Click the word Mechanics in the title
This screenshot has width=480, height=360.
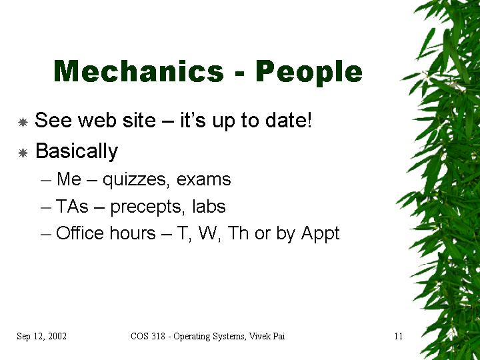click(x=139, y=71)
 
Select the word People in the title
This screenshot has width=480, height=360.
click(x=309, y=73)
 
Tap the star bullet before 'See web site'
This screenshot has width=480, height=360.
click(x=23, y=123)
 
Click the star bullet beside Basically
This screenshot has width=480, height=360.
click(x=23, y=153)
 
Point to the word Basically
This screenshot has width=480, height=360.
click(x=77, y=151)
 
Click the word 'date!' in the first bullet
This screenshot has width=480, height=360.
click(x=289, y=120)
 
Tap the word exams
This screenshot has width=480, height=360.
click(x=203, y=179)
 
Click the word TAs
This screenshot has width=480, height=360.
click(x=72, y=206)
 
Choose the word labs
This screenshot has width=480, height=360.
click(x=209, y=206)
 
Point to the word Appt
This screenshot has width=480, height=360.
click(x=320, y=234)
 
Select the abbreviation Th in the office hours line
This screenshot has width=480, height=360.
click(x=238, y=233)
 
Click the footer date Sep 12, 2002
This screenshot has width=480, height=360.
click(x=41, y=336)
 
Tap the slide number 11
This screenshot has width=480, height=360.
click(x=398, y=336)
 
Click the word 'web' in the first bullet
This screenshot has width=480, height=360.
click(x=97, y=120)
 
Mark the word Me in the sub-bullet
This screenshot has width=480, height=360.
click(x=69, y=179)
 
